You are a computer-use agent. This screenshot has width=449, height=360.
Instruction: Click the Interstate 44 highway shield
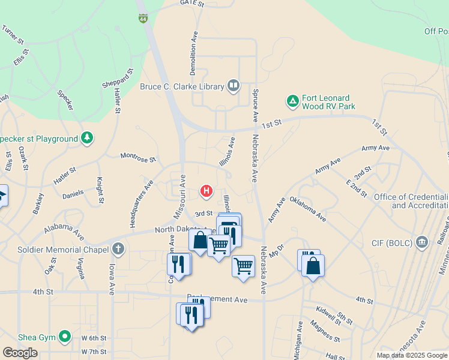click(x=142, y=19)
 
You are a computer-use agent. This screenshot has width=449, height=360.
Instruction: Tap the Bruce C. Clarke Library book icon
click(x=233, y=86)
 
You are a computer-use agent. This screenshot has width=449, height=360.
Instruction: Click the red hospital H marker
click(x=206, y=191)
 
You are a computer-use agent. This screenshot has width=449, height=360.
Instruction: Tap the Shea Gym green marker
click(x=65, y=337)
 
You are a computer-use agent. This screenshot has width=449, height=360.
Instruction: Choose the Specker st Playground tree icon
click(x=88, y=139)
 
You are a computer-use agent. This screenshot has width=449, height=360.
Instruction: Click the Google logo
click(x=20, y=353)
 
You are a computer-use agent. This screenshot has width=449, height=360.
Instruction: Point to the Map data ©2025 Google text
click(x=411, y=355)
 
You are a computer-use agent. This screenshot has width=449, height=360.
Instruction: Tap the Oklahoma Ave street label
click(x=307, y=209)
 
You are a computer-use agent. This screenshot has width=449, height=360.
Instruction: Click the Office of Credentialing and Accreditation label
click(x=411, y=201)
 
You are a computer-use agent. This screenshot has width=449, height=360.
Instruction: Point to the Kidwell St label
click(x=328, y=314)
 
